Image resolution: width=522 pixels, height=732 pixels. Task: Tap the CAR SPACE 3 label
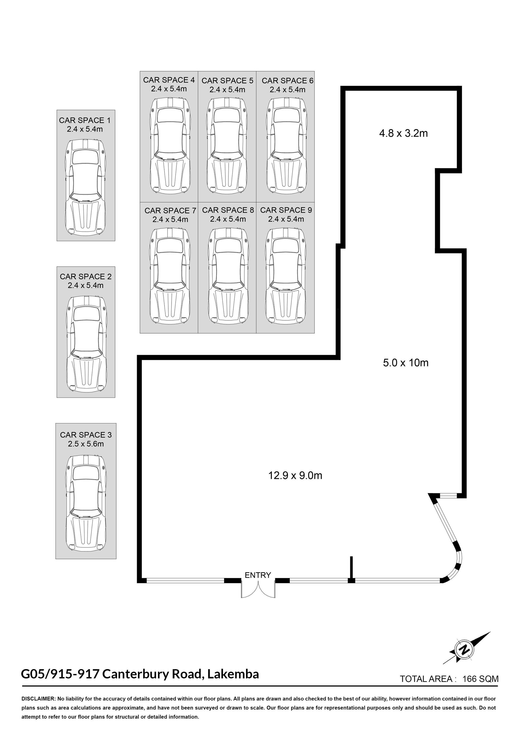point(86,435)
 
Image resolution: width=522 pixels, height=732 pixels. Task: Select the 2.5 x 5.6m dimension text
point(86,444)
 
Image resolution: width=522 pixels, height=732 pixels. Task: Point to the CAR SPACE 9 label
point(286,210)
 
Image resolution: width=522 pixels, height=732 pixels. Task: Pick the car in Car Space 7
point(169,275)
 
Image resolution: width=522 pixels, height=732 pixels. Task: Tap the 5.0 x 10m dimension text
point(406,363)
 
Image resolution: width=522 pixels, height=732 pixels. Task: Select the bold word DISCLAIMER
point(38,699)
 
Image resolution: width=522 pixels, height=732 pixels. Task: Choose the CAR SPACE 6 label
point(287,81)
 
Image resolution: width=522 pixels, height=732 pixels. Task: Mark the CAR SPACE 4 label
point(169,80)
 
